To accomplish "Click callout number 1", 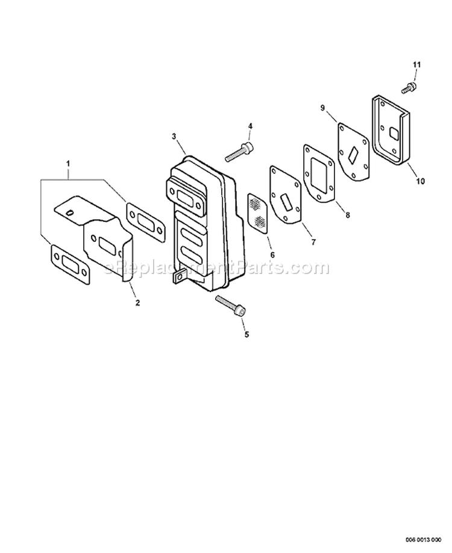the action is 69,164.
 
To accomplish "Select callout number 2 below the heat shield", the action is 137,302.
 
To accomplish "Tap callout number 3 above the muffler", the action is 174,136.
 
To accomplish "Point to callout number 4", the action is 250,126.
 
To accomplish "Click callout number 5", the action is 246,334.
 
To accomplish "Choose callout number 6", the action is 272,255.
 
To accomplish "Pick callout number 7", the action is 313,242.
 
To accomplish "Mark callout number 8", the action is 348,214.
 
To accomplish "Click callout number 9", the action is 322,108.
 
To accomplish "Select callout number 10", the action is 420,181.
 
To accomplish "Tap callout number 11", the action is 417,64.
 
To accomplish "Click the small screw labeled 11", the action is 409,87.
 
